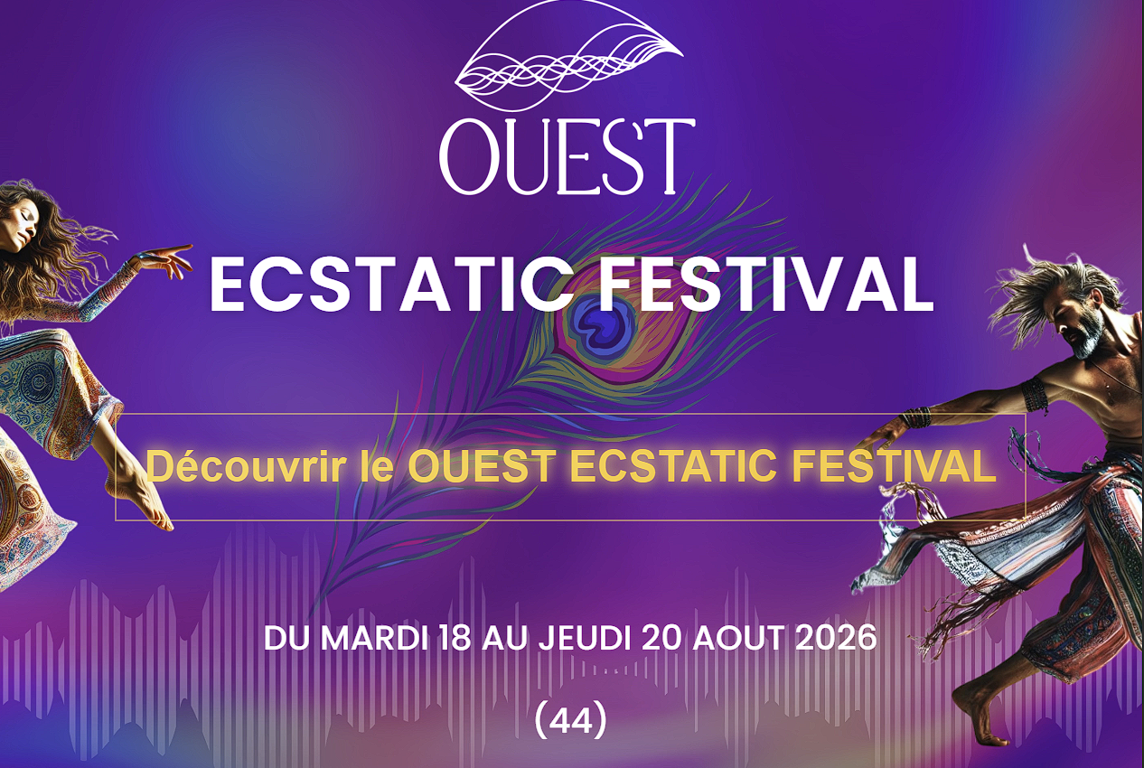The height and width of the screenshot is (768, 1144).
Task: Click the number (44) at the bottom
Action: pos(570,720)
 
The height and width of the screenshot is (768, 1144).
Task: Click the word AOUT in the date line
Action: pos(743,638)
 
